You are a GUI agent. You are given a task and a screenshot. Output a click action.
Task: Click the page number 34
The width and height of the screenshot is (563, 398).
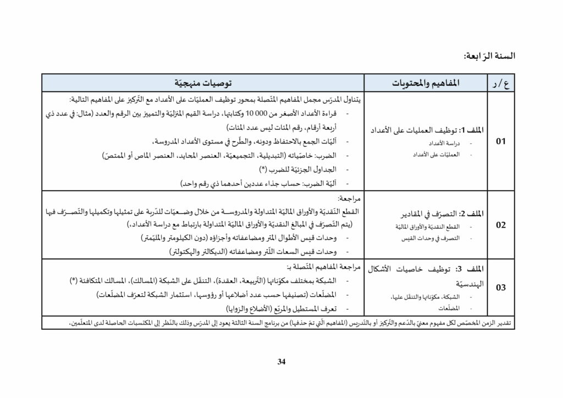point(281,361)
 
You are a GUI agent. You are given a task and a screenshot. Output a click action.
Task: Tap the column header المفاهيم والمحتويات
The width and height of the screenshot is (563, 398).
point(425,84)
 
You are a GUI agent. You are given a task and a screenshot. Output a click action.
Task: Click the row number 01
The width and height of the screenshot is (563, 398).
point(501,141)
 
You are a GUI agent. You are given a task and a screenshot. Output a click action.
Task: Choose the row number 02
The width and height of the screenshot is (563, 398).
point(501,225)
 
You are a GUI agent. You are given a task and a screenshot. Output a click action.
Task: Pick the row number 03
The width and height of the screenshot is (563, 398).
point(501,287)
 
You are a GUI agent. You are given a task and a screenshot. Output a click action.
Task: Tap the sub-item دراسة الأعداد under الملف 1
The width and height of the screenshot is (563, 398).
point(451,143)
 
